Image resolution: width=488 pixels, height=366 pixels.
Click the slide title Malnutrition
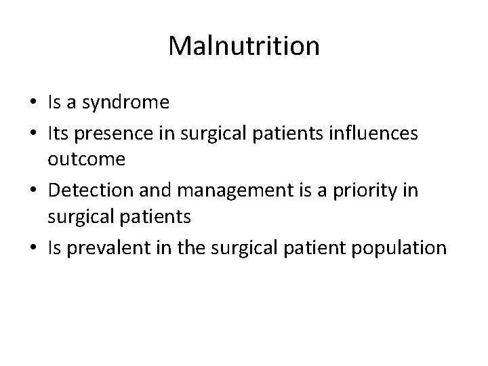pos(244,46)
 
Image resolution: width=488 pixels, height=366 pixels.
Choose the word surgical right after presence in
pos(209,133)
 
